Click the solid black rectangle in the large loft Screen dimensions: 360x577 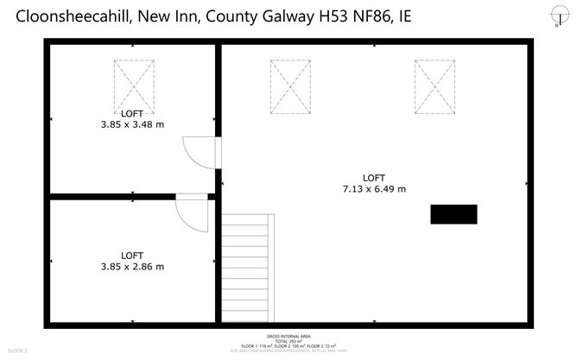click(x=453, y=214)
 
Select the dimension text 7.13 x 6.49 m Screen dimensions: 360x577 click(x=374, y=188)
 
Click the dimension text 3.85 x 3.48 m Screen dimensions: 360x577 click(x=132, y=124)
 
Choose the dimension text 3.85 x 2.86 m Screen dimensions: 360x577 click(x=132, y=267)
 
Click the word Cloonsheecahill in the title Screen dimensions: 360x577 click(x=71, y=17)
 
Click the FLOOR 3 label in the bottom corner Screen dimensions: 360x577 click(x=17, y=351)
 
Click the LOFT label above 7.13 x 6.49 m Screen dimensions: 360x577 click(x=374, y=177)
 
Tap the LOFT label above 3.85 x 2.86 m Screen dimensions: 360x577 click(x=132, y=256)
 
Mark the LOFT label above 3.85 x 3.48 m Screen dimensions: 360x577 click(x=132, y=113)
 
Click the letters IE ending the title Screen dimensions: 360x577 click(x=405, y=17)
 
